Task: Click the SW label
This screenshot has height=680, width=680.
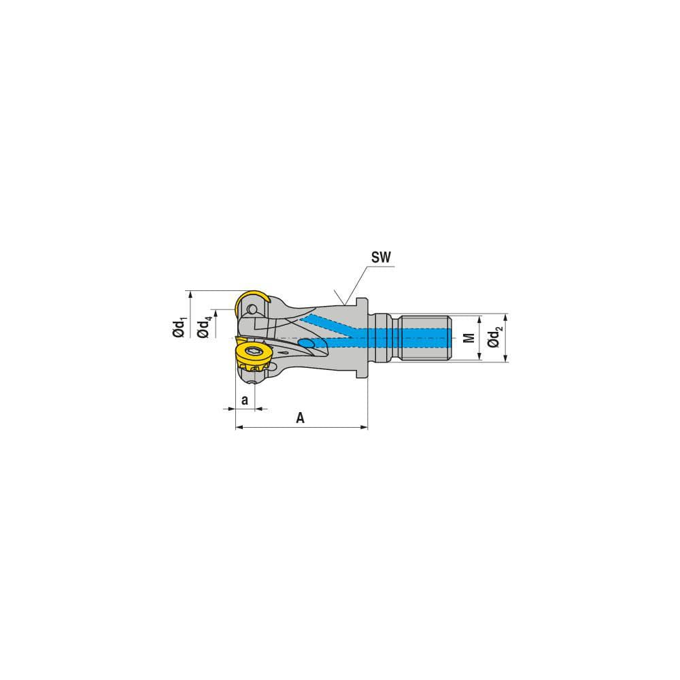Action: tap(382, 257)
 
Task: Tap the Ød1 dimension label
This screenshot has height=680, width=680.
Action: tap(179, 328)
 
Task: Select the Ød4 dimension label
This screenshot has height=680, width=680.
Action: tap(203, 328)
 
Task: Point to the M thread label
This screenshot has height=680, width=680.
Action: tap(468, 338)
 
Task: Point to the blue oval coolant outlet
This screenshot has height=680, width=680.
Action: tap(307, 345)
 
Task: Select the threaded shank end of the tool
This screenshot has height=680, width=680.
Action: tap(427, 338)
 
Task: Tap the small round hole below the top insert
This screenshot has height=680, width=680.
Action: tap(253, 310)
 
